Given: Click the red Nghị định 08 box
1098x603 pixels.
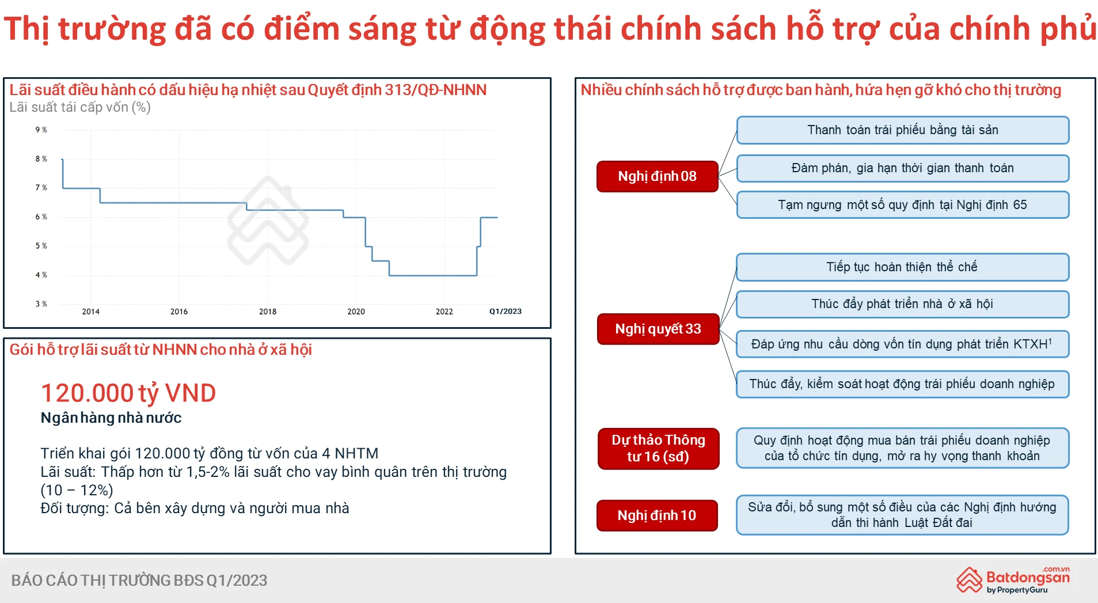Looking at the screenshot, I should coord(657,176).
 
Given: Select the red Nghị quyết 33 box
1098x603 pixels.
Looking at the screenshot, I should coord(658,329).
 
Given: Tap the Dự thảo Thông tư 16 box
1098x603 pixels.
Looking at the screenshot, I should coord(658,448).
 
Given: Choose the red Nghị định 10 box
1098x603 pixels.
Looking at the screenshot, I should coord(657,515).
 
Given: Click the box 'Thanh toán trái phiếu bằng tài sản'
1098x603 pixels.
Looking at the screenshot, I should coord(902,130).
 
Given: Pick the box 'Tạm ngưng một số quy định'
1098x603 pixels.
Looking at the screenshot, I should coord(902,205).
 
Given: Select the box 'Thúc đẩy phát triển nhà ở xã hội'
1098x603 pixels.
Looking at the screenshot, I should coord(902,304).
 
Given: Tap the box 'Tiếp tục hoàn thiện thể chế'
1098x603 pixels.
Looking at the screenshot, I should coord(902,267).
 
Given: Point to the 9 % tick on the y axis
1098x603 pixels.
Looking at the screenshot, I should coord(41,130).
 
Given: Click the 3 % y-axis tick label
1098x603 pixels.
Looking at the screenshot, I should coord(41,304).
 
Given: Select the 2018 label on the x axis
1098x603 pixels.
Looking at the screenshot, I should coord(268,312).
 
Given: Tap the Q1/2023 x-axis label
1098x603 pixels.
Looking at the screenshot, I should coord(505,312).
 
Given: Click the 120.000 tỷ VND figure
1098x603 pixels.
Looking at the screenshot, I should coord(128,393).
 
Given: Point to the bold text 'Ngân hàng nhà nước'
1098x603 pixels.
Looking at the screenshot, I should coord(111,418).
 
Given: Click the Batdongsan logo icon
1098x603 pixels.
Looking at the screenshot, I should coord(970,579).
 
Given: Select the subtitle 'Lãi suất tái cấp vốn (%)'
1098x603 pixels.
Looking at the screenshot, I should coord(80,107).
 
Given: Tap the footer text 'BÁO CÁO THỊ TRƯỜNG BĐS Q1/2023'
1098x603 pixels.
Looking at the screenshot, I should coord(139,581).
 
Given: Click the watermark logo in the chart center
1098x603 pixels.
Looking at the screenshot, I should coord(268,221).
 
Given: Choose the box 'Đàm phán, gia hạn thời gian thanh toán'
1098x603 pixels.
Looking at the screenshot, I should coord(902,168).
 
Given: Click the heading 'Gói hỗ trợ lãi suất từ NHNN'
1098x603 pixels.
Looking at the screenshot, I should coord(161,350).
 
